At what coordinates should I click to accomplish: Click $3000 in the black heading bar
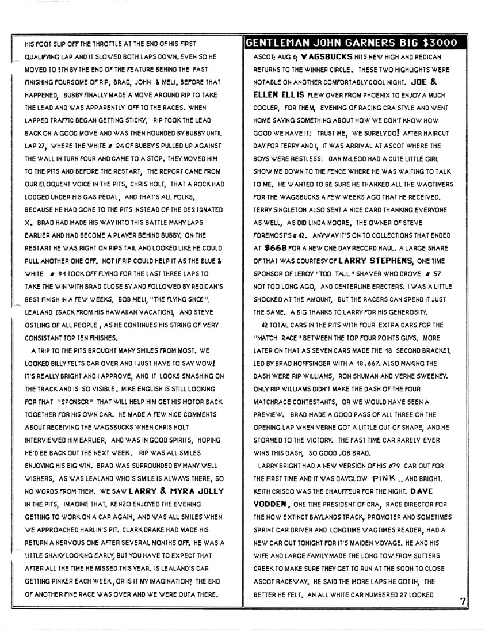(x=440, y=43)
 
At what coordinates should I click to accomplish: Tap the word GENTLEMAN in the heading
(x=278, y=43)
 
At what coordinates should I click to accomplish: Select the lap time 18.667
(x=366, y=369)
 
